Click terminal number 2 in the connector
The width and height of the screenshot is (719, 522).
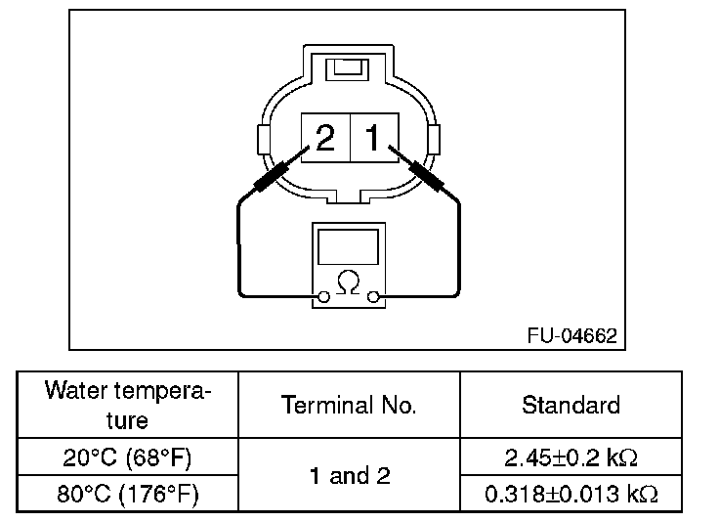point(325,137)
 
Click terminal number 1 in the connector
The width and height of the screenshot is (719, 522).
point(372,137)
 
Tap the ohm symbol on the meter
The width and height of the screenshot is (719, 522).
point(348,283)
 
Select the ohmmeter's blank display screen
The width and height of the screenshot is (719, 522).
point(348,247)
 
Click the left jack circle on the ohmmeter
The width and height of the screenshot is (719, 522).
point(323,297)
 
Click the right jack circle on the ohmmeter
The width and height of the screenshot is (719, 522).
point(373,297)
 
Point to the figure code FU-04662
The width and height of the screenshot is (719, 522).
point(571,335)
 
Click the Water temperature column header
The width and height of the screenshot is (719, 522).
point(127,405)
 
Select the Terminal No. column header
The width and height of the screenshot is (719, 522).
point(349,405)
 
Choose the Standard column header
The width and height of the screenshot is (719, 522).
point(571,405)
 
